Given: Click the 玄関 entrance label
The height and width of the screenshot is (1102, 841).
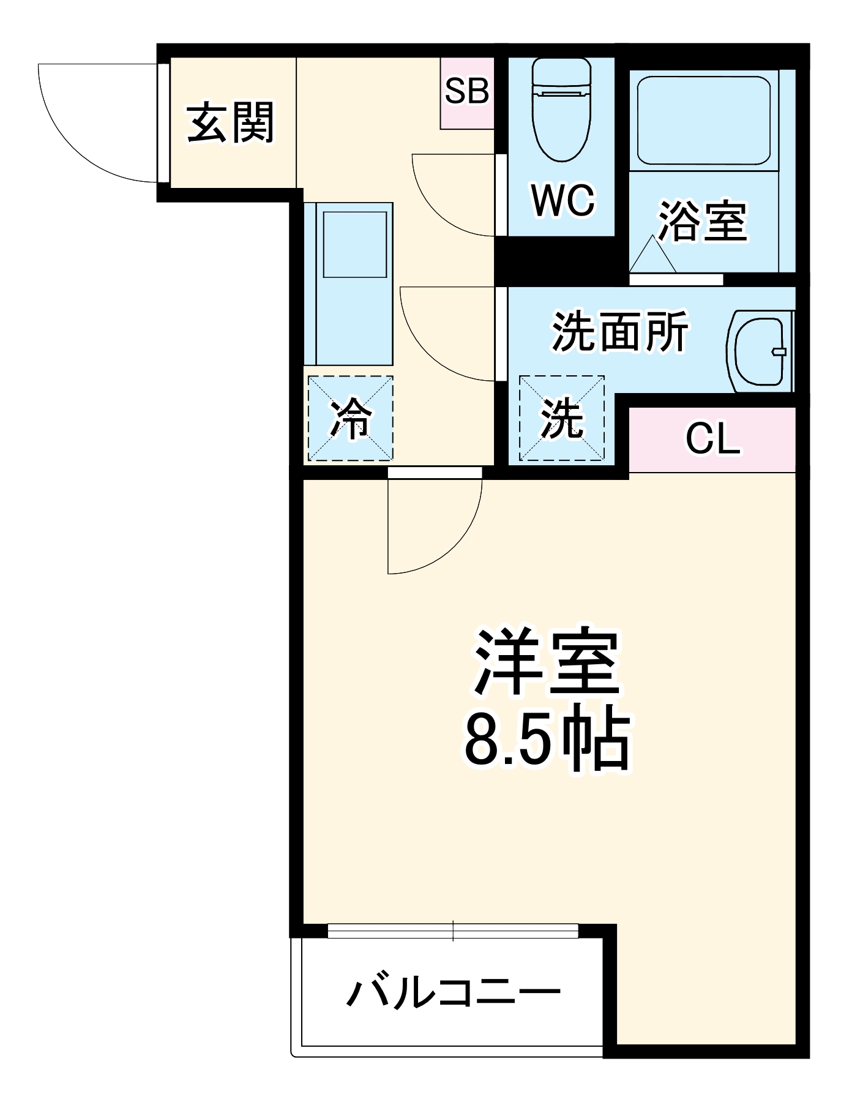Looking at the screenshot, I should tap(230, 123).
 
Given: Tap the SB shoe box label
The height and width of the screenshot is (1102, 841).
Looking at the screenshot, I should tap(466, 91).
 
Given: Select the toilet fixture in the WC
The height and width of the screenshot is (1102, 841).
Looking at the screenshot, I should tap(561, 110).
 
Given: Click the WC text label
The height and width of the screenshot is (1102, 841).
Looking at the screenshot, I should tap(563, 200).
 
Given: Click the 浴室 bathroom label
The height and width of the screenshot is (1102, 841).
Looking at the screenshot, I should tap(702, 220).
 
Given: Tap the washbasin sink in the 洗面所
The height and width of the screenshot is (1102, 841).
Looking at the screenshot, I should tap(760, 351).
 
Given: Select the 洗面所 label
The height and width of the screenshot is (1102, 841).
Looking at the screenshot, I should tap(619, 332).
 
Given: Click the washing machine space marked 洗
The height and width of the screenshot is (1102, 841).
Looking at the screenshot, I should tap(561, 418).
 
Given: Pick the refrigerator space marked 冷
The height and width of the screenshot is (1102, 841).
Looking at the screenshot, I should tap(350, 418).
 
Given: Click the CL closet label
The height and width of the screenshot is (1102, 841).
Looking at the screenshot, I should tap(712, 439).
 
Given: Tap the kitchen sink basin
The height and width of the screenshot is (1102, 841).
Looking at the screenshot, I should tap(355, 244).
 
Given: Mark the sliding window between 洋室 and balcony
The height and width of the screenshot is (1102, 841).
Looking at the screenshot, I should tap(453, 931).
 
